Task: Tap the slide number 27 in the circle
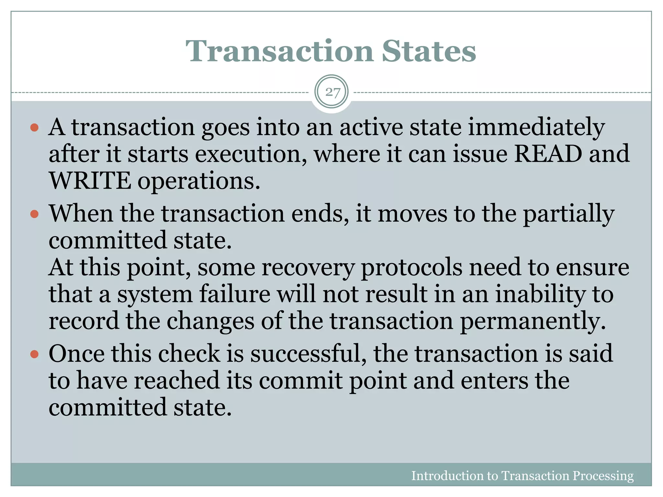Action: [332, 93]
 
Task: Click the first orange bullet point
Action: [34, 127]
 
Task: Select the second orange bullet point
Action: [34, 214]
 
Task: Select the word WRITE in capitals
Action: [90, 181]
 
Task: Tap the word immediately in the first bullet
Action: [536, 127]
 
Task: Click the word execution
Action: [251, 154]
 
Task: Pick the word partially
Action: [568, 215]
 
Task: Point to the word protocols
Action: [411, 268]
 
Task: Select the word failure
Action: [235, 294]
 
